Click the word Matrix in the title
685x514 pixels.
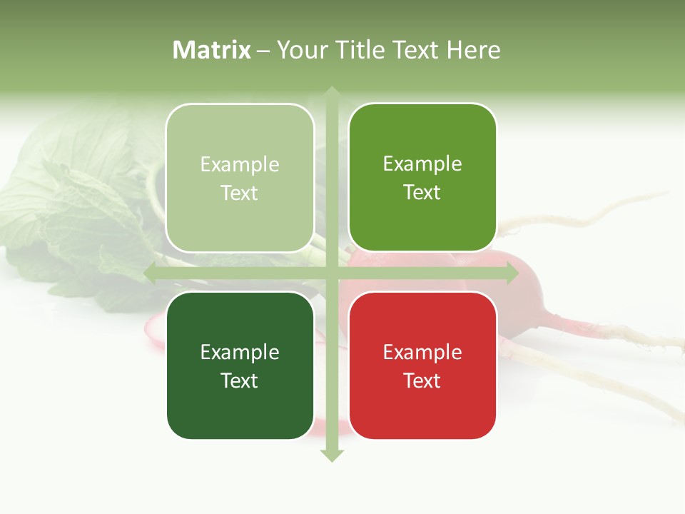coord(212,50)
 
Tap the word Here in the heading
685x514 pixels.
coord(473,50)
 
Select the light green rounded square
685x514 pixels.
coord(240,178)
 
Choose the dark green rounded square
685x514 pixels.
coord(240,366)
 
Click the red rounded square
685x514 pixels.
coord(422,366)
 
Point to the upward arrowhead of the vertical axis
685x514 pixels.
coord(332,92)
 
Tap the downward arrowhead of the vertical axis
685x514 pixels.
coord(332,455)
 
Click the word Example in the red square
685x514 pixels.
coord(422,352)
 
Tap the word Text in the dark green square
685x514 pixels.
coord(240,381)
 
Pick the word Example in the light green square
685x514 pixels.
coord(240,164)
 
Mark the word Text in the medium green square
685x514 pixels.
coord(422,192)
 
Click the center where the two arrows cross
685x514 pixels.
coord(332,273)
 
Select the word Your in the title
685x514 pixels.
coord(300,50)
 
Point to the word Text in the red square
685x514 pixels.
coord(422,381)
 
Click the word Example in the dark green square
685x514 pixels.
coord(240,352)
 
